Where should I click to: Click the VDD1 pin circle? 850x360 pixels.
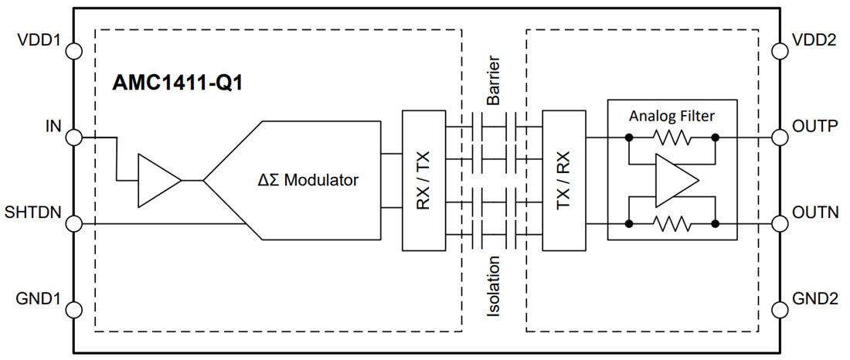(x=73, y=51)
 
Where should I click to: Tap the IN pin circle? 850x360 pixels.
(x=73, y=138)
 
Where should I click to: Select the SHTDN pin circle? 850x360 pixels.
(x=73, y=224)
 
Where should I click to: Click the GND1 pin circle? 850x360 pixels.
(x=73, y=311)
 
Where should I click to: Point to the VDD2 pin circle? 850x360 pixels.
(x=777, y=51)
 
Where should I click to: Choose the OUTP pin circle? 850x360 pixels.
(x=777, y=138)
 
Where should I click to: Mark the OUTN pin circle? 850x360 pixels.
(x=777, y=224)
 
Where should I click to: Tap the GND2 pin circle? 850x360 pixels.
(x=777, y=311)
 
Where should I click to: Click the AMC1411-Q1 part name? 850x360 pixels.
(x=178, y=83)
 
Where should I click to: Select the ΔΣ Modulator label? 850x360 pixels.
(x=308, y=180)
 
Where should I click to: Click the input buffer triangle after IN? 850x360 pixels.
(x=158, y=181)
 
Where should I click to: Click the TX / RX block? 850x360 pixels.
(x=564, y=180)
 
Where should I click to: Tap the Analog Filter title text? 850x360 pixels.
(x=671, y=116)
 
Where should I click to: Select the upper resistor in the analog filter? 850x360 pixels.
(x=672, y=138)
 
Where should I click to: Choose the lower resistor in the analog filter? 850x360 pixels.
(x=672, y=224)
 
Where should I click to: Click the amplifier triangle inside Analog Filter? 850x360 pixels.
(x=675, y=181)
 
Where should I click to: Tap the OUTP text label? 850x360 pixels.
(x=814, y=126)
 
